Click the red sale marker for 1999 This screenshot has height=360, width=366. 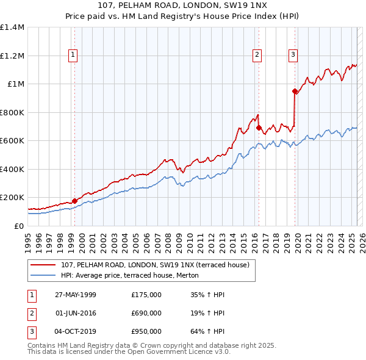[74, 201]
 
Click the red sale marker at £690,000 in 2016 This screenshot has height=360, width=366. [259, 128]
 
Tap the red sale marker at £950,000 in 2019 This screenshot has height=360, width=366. [295, 92]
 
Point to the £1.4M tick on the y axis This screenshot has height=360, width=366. [12, 27]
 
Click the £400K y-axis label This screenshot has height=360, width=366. [12, 169]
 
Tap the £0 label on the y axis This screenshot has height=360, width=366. [18, 226]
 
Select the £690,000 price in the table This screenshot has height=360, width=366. [146, 313]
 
